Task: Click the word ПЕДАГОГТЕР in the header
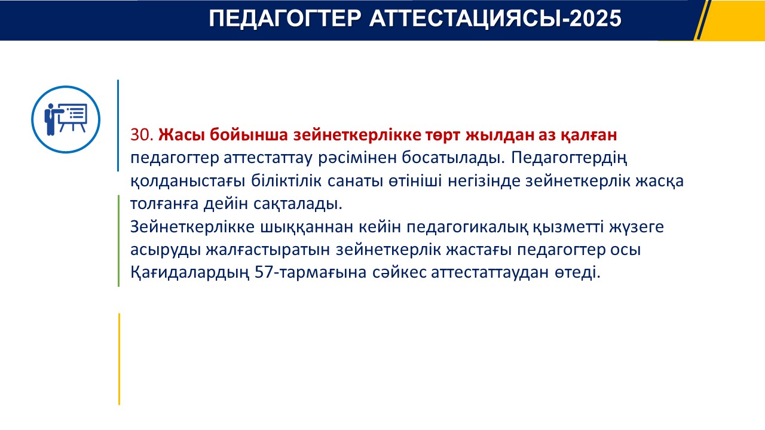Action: pyautogui.click(x=285, y=19)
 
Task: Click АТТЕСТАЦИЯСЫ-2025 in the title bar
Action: pyautogui.click(x=495, y=19)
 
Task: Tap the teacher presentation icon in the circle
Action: pyautogui.click(x=66, y=119)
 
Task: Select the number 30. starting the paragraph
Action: pyautogui.click(x=142, y=135)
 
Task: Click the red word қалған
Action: pyautogui.click(x=589, y=136)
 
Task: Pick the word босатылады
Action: pyautogui.click(x=453, y=158)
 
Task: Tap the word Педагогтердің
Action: pyautogui.click(x=569, y=158)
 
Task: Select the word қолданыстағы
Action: pyautogui.click(x=188, y=181)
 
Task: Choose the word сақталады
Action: pyautogui.click(x=298, y=204)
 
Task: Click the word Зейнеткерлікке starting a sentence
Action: pyautogui.click(x=192, y=227)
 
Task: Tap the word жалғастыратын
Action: pyautogui.click(x=268, y=250)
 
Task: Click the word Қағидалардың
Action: pyautogui.click(x=190, y=273)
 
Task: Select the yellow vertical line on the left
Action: pyautogui.click(x=119, y=359)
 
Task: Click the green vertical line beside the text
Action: pyautogui.click(x=118, y=241)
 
